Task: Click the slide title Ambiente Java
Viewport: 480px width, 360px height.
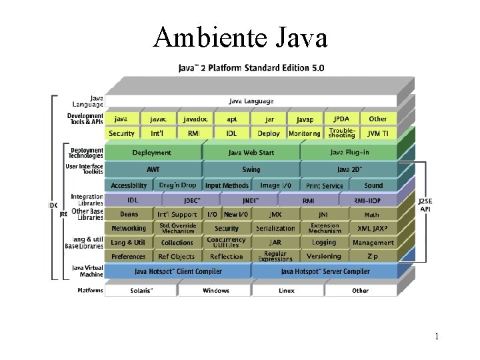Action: click(x=240, y=37)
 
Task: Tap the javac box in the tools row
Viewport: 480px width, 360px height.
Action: click(x=159, y=119)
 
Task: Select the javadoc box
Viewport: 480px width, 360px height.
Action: click(x=195, y=119)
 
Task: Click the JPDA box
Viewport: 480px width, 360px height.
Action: click(x=341, y=119)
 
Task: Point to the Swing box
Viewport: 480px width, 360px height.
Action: click(x=251, y=169)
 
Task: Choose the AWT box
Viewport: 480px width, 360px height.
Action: click(x=153, y=169)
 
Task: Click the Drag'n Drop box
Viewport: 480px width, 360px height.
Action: click(x=177, y=185)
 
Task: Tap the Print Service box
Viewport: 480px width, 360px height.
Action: click(x=325, y=185)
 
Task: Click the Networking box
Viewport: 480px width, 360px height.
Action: click(x=129, y=228)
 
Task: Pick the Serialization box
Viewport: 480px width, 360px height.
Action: click(x=275, y=228)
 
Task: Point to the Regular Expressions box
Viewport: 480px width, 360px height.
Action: click(x=275, y=256)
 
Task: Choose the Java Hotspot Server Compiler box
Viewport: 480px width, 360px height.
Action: click(x=325, y=271)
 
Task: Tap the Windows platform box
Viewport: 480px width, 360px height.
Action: click(x=215, y=291)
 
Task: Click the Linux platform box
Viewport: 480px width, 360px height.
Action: click(x=287, y=291)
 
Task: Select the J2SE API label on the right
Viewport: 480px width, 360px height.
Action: click(x=425, y=205)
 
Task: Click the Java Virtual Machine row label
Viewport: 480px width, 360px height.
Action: click(x=87, y=271)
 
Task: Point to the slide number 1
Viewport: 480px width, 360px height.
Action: click(x=437, y=337)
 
